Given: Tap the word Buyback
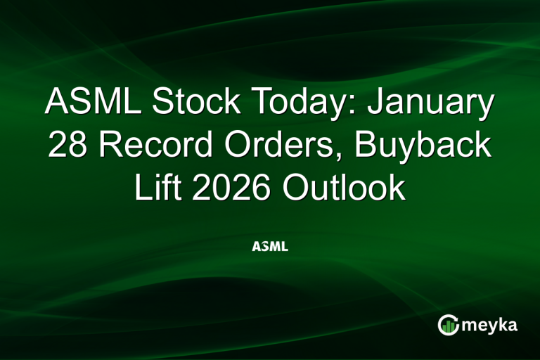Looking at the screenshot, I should [432, 146].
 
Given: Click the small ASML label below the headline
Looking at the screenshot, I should [269, 247].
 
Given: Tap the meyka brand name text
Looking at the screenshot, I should [489, 325].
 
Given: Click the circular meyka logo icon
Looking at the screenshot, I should [449, 325].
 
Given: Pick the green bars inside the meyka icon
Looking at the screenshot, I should [449, 326].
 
